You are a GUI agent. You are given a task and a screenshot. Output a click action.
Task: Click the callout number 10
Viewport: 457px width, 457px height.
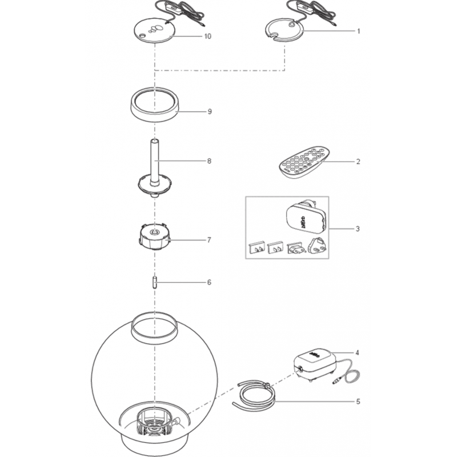tap(207, 36)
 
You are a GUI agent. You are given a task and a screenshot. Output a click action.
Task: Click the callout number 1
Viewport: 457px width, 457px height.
tap(359, 31)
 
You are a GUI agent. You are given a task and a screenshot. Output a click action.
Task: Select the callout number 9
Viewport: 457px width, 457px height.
tap(210, 111)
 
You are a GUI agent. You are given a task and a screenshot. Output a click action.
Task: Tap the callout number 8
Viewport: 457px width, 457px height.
tap(209, 161)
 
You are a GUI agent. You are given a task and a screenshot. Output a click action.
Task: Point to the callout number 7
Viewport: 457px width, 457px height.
tap(209, 240)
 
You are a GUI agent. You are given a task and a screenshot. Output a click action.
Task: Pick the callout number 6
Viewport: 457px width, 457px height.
tap(209, 282)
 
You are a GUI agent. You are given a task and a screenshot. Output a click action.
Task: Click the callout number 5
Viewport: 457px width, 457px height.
tap(358, 402)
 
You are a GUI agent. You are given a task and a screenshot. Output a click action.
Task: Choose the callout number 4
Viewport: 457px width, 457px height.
tap(358, 352)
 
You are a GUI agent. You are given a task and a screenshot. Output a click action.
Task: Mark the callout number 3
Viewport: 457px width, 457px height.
tap(358, 229)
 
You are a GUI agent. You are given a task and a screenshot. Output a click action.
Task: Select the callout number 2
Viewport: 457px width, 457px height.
tap(358, 161)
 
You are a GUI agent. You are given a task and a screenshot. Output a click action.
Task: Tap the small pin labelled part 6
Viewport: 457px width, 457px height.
tap(155, 283)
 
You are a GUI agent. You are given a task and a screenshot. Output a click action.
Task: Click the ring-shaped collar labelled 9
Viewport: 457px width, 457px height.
tap(154, 104)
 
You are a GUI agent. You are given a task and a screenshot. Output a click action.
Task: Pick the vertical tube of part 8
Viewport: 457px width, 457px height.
tap(155, 162)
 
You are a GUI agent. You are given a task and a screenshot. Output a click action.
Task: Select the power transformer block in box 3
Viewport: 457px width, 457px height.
tap(306, 217)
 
